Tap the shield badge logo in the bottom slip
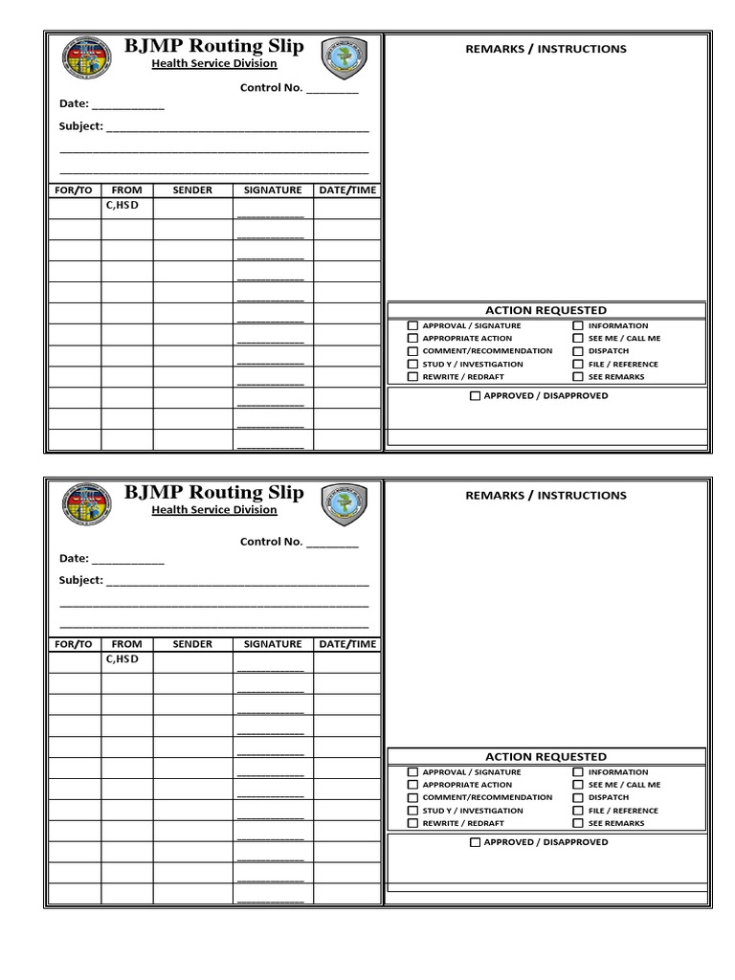click(x=344, y=503)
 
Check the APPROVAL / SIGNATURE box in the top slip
click(x=412, y=326)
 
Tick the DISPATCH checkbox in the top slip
click(x=578, y=351)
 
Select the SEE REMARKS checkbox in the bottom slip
click(x=578, y=823)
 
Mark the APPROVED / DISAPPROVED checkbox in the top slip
click(x=475, y=396)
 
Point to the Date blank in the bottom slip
click(x=127, y=560)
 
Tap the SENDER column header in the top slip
click(x=192, y=190)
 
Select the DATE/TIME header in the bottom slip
click(x=347, y=644)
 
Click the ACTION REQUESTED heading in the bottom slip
click(x=546, y=757)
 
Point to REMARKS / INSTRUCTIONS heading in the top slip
click(x=546, y=49)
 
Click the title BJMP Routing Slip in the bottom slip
click(x=214, y=493)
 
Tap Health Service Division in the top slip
click(x=214, y=64)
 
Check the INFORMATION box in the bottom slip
click(x=578, y=772)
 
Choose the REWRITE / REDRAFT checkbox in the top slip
click(x=412, y=377)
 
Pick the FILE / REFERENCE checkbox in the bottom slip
click(x=578, y=811)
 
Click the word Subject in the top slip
click(x=80, y=126)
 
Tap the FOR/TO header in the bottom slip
click(x=74, y=644)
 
